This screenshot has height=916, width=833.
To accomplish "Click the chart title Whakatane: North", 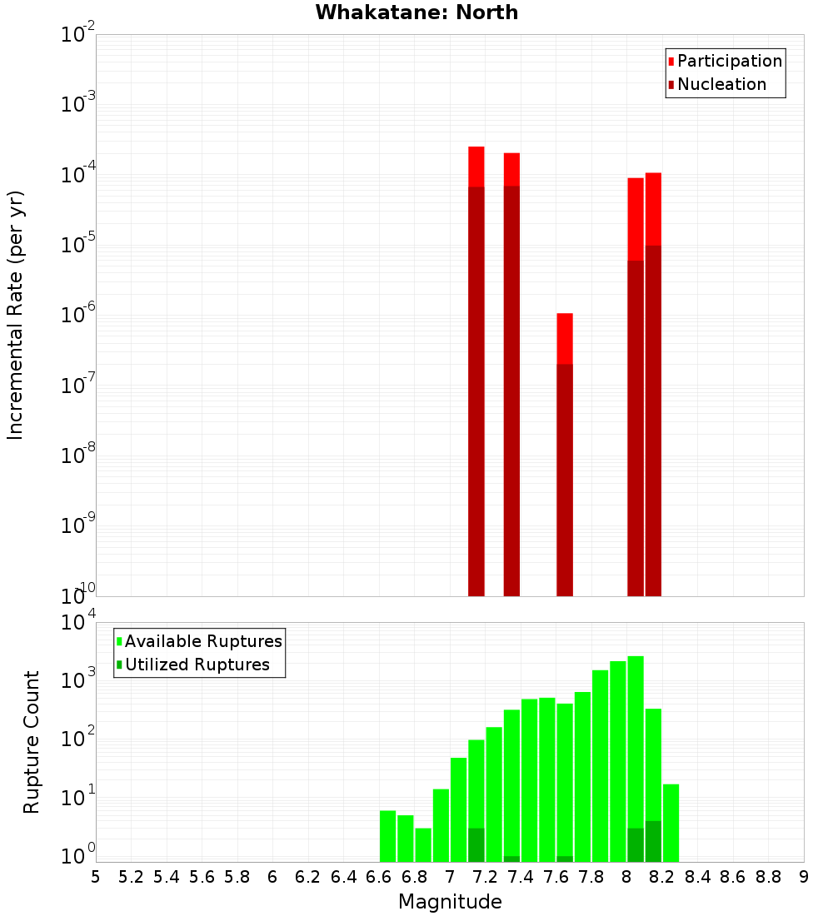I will [x=416, y=12].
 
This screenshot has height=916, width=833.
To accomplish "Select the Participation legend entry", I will [x=729, y=61].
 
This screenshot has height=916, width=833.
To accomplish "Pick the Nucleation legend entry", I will [x=721, y=84].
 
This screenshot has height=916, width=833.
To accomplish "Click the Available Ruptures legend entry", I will [x=202, y=641].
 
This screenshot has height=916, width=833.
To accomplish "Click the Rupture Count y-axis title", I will [x=32, y=742].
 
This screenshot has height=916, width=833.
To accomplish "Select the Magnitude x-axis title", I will [x=450, y=902].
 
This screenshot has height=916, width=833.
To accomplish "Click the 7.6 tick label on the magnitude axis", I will [x=556, y=877].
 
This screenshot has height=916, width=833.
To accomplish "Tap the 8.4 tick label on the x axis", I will [x=697, y=877].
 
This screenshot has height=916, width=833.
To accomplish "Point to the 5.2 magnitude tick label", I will [x=131, y=877].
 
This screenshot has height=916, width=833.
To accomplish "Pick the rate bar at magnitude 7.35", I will [x=511, y=375].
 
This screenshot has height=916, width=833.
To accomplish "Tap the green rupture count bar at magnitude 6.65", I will [x=387, y=836].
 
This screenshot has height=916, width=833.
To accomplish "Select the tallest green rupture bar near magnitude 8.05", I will [x=636, y=758].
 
